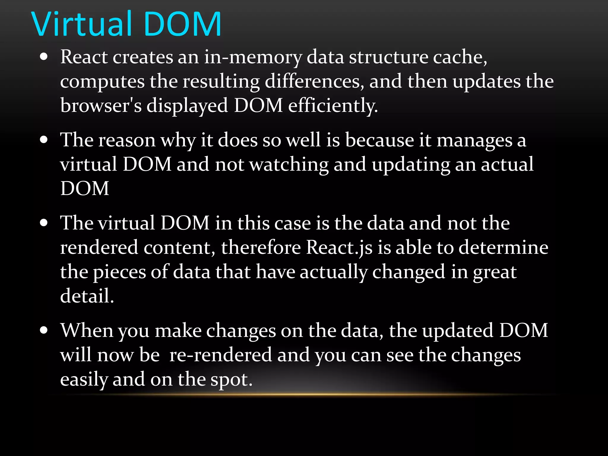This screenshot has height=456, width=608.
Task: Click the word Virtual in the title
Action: (x=81, y=24)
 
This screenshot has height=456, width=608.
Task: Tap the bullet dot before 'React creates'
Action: (x=44, y=57)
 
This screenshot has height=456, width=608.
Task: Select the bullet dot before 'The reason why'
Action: (x=44, y=140)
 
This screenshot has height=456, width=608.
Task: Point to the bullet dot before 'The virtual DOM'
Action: (x=44, y=223)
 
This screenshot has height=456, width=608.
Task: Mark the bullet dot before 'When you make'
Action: (x=44, y=330)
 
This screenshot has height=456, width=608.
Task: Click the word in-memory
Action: (x=253, y=57)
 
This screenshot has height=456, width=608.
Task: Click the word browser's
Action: (x=101, y=106)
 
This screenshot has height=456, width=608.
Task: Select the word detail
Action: (x=87, y=296)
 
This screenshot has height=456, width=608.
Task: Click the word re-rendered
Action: (x=221, y=355)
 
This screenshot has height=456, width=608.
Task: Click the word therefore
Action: (x=261, y=248)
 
